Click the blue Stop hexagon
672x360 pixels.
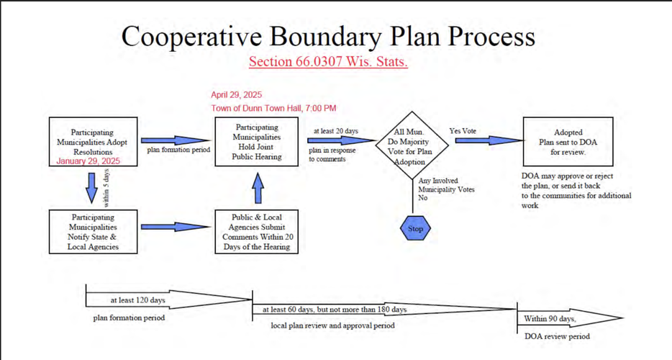pyautogui.click(x=415, y=229)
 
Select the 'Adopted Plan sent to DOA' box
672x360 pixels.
pyautogui.click(x=568, y=142)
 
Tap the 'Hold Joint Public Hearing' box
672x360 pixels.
pyautogui.click(x=257, y=142)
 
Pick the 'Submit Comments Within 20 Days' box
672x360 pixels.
pyautogui.click(x=257, y=231)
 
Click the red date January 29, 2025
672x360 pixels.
pyautogui.click(x=88, y=161)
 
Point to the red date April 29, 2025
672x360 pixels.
pyautogui.click(x=236, y=95)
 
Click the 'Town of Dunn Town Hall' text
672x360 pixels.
pyautogui.click(x=273, y=108)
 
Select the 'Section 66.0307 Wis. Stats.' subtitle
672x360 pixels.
pyautogui.click(x=328, y=61)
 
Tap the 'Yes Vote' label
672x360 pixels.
pyautogui.click(x=462, y=131)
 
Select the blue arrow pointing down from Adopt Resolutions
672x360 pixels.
pyautogui.click(x=91, y=186)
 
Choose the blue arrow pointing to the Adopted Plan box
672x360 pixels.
pyautogui.click(x=487, y=141)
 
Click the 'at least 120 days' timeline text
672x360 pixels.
pyautogui.click(x=137, y=300)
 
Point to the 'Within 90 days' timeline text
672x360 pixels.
pyautogui.click(x=550, y=318)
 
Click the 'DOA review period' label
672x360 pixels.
pyautogui.click(x=557, y=336)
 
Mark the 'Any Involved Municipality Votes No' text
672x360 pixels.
pyautogui.click(x=446, y=189)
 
